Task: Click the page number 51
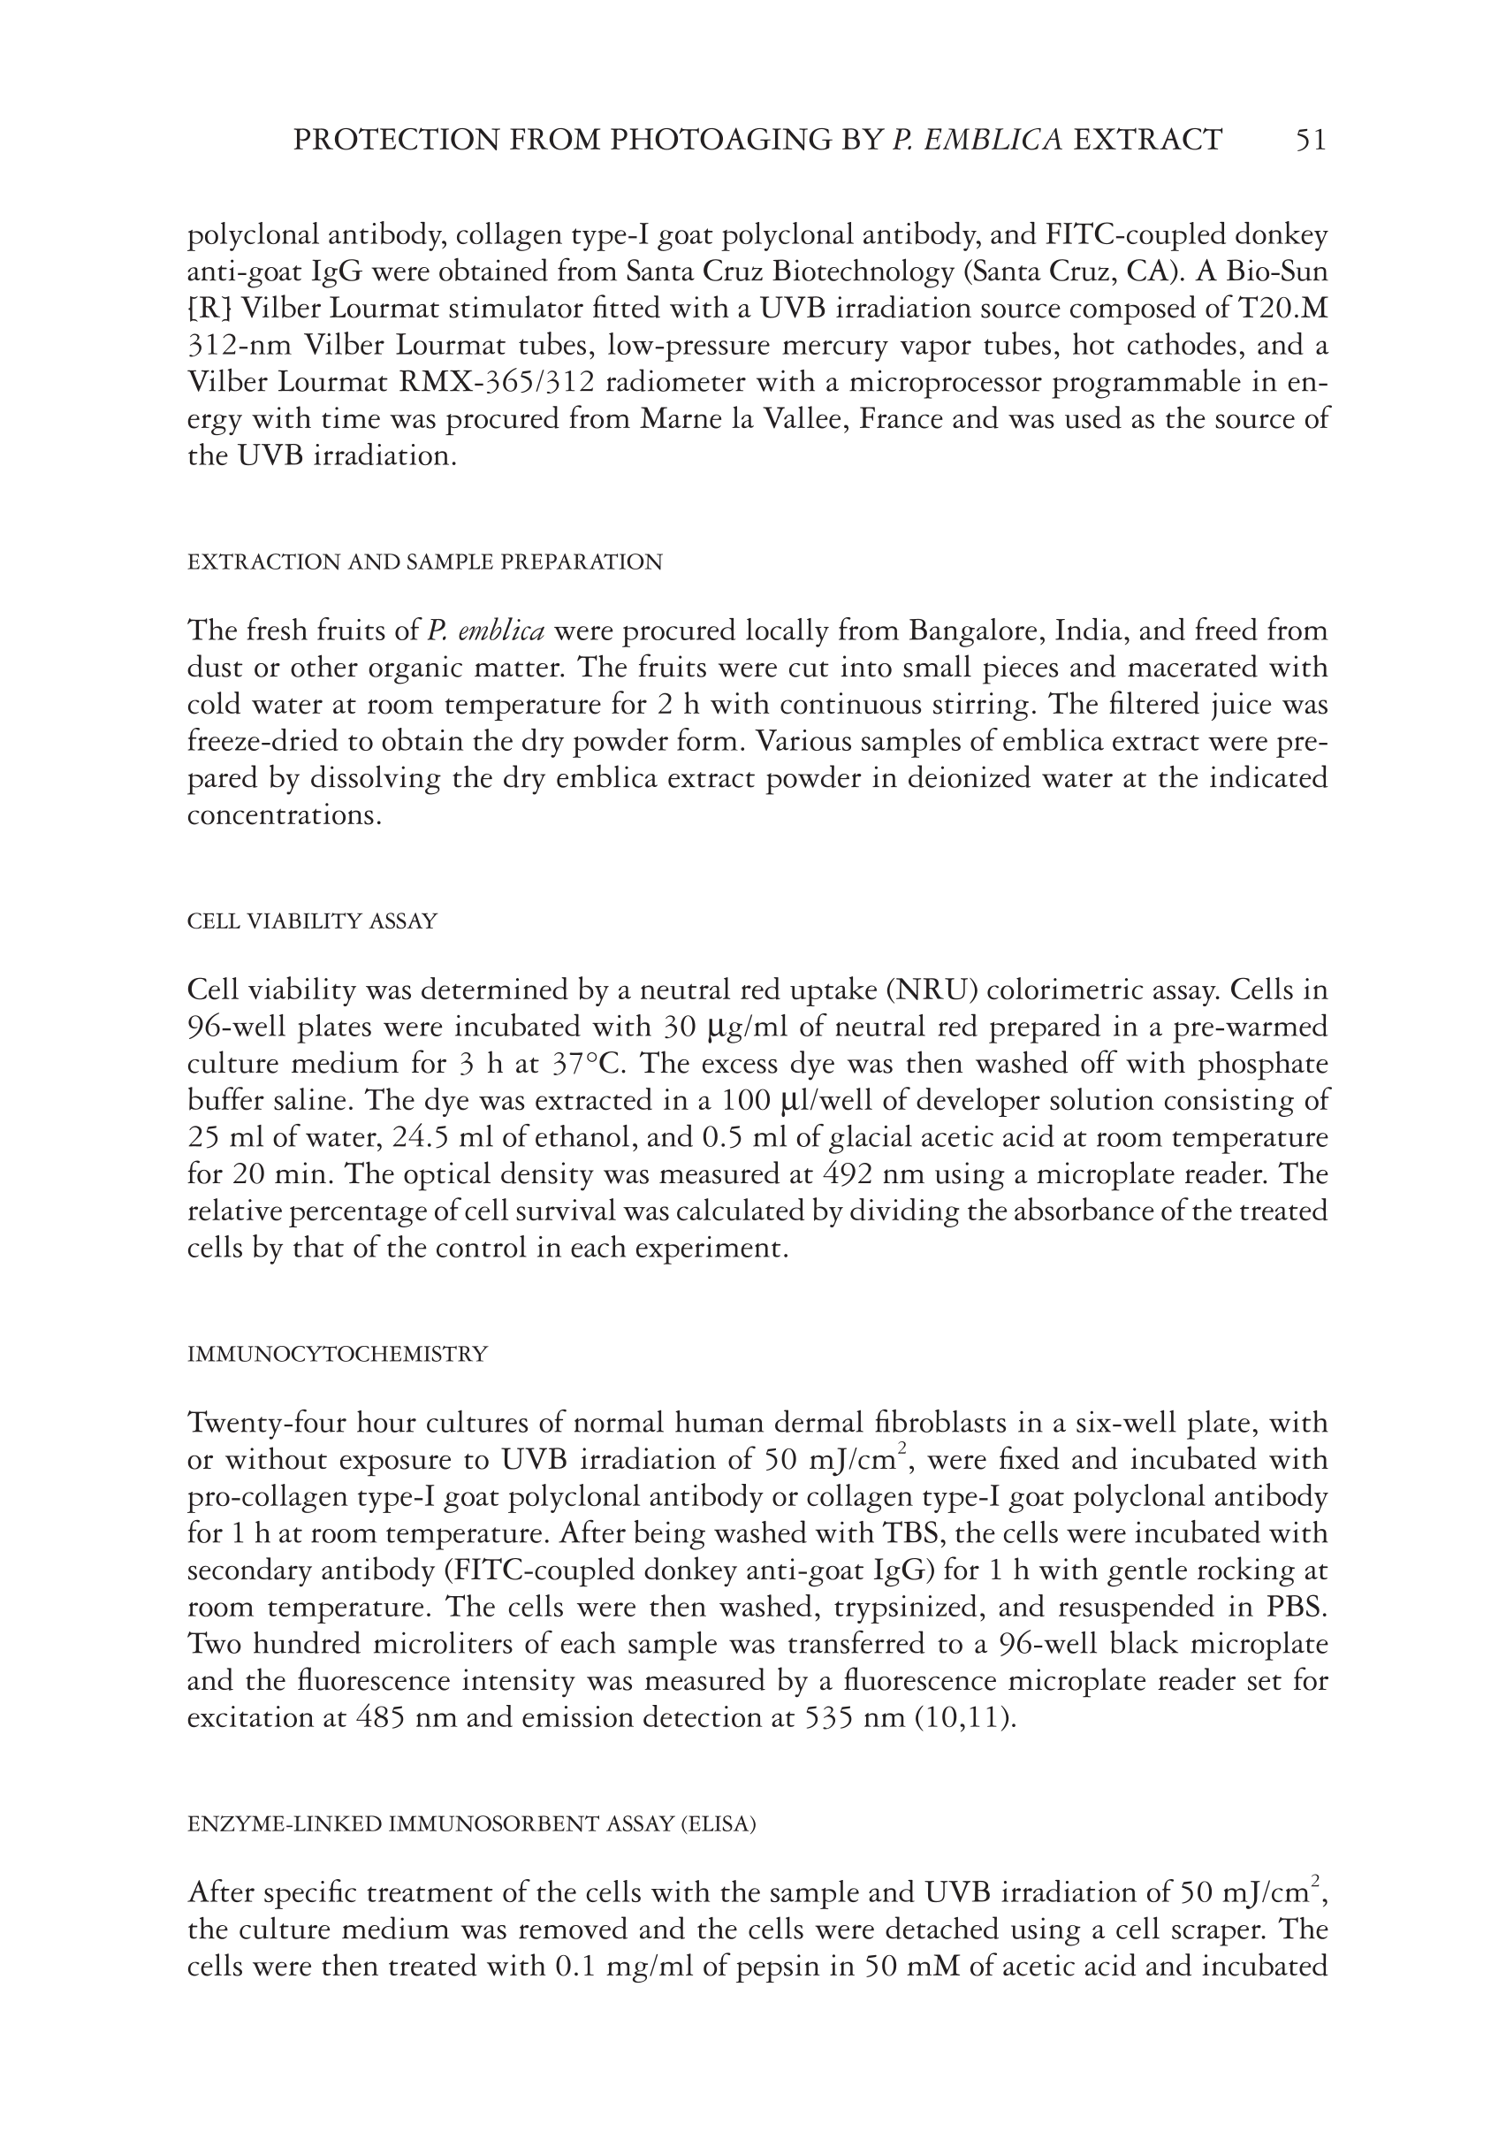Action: (x=1310, y=141)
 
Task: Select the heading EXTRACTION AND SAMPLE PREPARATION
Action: (x=425, y=562)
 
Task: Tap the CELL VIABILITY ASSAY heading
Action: (x=312, y=921)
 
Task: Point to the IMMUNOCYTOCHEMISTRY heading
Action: (x=338, y=1354)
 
